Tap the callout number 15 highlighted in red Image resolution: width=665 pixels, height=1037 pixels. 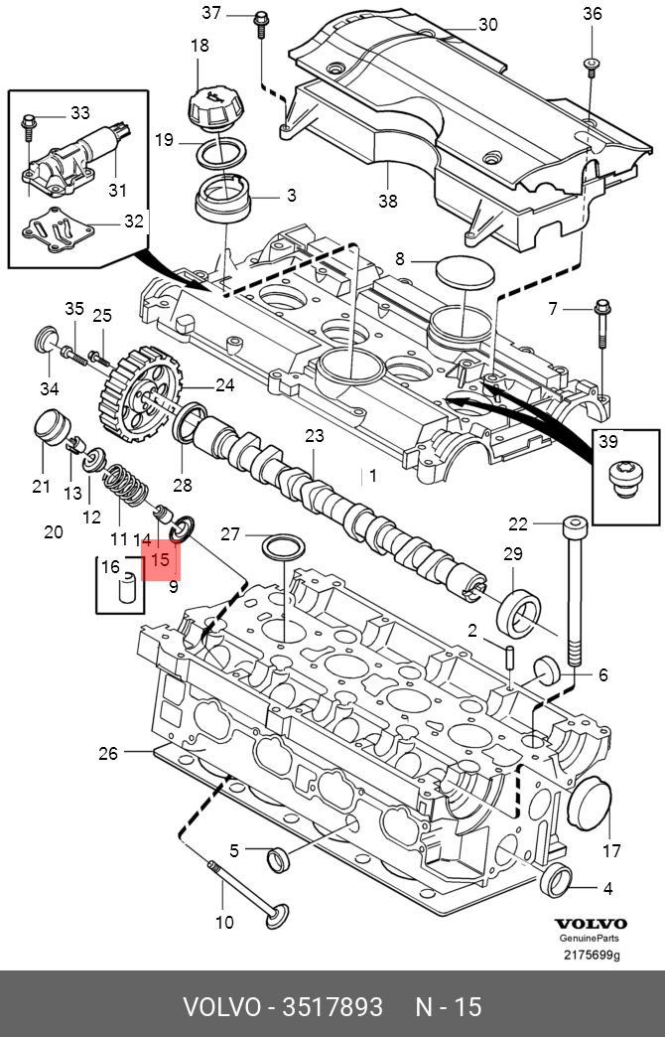tap(160, 559)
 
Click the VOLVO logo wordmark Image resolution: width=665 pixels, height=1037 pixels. tap(591, 924)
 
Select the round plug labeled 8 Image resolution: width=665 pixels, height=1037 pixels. tap(465, 273)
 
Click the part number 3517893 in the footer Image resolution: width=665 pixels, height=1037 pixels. tap(332, 1007)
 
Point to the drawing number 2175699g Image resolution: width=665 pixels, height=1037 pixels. tap(592, 955)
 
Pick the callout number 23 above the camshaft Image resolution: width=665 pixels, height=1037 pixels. tap(315, 436)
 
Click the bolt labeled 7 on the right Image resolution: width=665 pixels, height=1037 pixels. tap(602, 324)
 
